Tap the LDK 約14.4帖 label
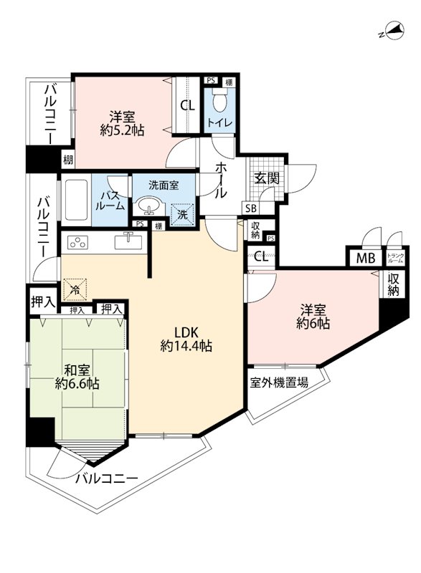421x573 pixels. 186,339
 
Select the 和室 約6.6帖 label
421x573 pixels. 77,377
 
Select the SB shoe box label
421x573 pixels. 250,208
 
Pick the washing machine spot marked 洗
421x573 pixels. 183,213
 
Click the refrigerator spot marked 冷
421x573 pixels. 75,290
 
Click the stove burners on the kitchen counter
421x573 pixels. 77,241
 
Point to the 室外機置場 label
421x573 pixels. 279,383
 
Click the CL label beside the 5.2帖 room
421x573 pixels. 187,105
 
